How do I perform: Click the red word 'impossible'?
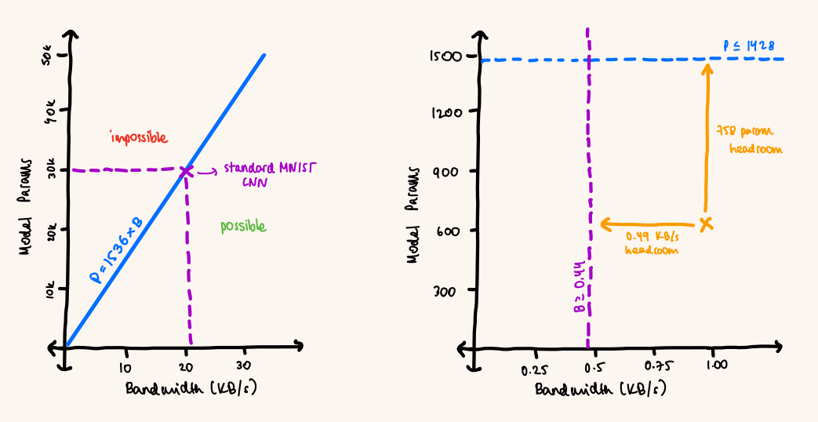139,138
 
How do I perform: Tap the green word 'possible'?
242,227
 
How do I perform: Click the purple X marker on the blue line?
187,171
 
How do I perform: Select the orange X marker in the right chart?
707,224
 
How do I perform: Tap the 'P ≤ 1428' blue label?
749,45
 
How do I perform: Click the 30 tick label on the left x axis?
244,366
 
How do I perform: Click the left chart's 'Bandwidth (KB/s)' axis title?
192,390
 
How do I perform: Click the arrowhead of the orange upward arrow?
707,69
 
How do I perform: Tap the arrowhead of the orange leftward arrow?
605,224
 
